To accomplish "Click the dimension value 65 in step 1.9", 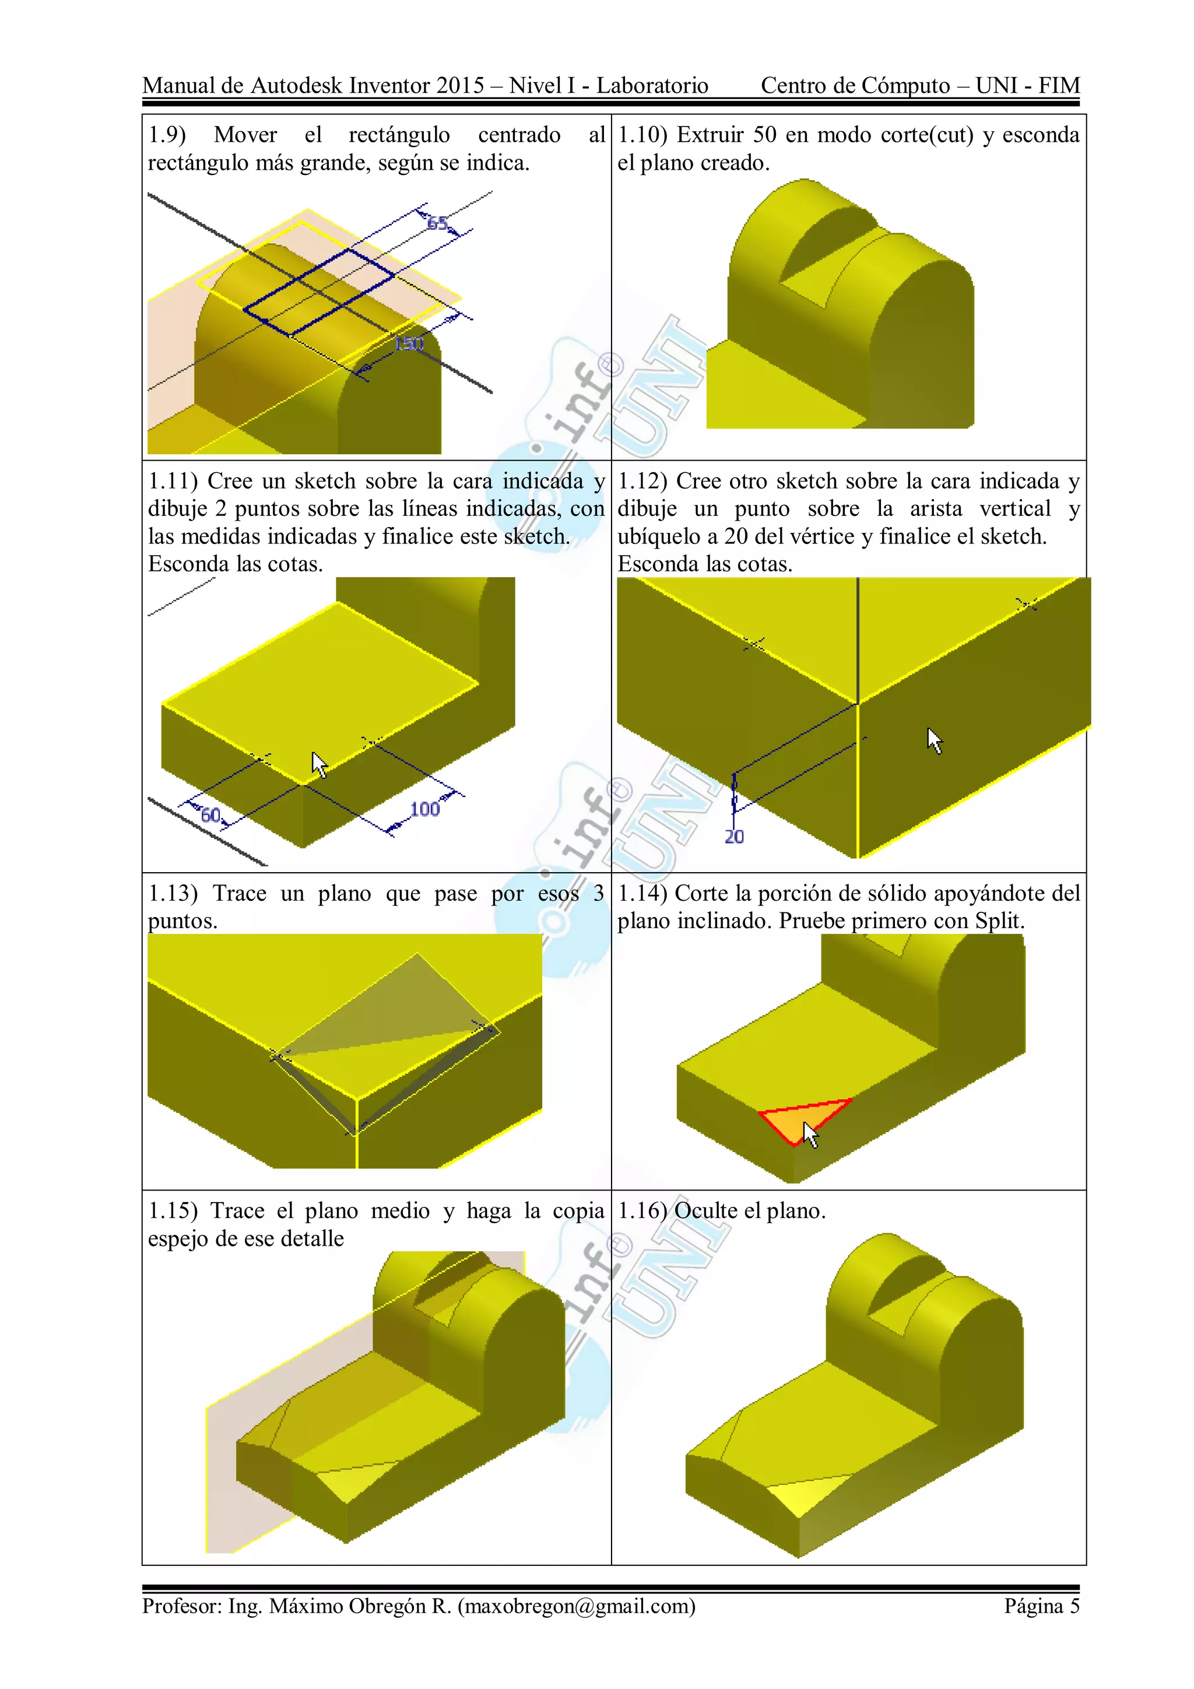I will pos(437,223).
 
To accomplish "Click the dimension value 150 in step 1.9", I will pos(409,343).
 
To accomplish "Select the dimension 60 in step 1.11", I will pos(210,815).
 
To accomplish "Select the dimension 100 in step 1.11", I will pos(424,809).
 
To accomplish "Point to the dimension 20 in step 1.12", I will pos(734,837).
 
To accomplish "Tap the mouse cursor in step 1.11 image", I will pos(318,764).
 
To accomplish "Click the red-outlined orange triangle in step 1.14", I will pos(798,1118).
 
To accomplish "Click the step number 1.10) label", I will pos(642,135).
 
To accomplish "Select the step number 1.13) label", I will pos(173,893).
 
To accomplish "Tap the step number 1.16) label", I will pos(641,1211).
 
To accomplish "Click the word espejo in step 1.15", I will pos(180,1239).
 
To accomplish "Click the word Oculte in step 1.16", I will pos(705,1211).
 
